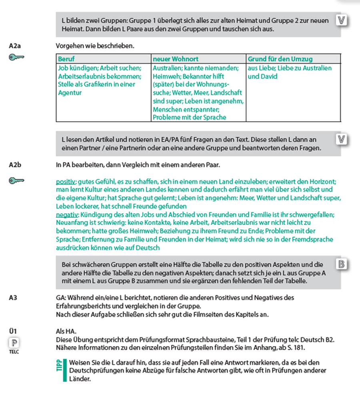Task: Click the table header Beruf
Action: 66,59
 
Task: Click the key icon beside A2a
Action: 16,58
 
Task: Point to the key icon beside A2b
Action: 16,181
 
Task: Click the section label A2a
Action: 15,46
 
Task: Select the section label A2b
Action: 15,164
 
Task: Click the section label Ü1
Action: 13,331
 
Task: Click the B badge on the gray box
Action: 342,265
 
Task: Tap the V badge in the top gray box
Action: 342,20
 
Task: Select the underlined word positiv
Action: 66,181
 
